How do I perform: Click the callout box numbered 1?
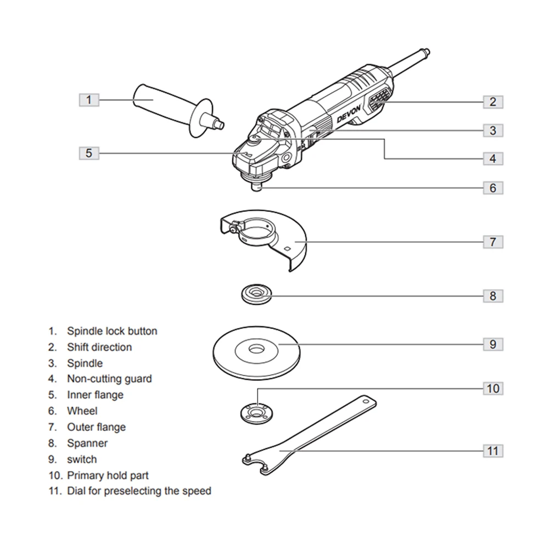(89, 100)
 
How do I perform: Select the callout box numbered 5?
(89, 153)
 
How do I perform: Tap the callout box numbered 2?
(492, 101)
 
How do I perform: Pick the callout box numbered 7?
(492, 241)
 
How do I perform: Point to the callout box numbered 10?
(492, 388)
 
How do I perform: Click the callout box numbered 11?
(492, 451)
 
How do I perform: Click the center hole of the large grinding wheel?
(256, 349)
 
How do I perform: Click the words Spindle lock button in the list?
(112, 331)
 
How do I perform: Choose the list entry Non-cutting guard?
(109, 379)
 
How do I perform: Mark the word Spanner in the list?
(87, 443)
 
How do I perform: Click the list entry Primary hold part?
(108, 475)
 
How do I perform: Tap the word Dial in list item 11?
(76, 491)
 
